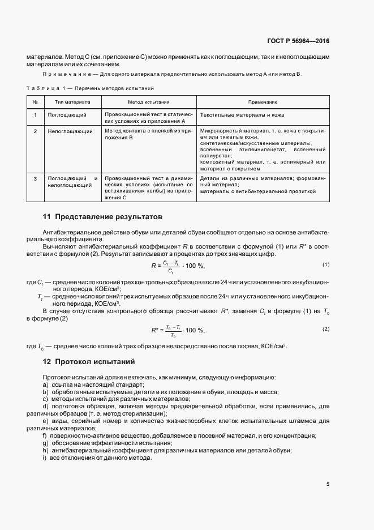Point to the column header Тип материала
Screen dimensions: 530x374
pyautogui.click(x=72, y=102)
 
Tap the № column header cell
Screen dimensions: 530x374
pyautogui.click(x=35, y=102)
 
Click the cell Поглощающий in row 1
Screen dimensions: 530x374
pyautogui.click(x=67, y=115)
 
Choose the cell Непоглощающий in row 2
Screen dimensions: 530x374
pyautogui.click(x=70, y=131)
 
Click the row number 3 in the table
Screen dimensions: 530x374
pyautogui.click(x=35, y=179)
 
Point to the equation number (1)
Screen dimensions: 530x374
pyautogui.click(x=326, y=264)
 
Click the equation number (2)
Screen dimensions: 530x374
pyautogui.click(x=326, y=329)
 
